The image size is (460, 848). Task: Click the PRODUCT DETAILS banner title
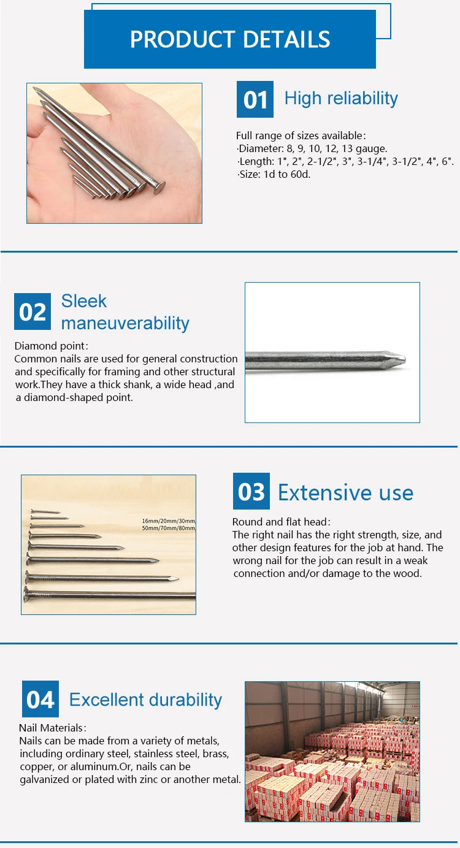click(x=230, y=40)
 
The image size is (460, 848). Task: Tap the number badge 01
click(x=255, y=99)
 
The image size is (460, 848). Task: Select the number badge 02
click(x=33, y=311)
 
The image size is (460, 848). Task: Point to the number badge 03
click(x=251, y=492)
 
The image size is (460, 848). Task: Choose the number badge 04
click(x=40, y=699)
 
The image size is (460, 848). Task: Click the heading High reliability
click(x=341, y=98)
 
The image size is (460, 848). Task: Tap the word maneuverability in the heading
click(x=125, y=323)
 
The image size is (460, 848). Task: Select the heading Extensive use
click(x=345, y=492)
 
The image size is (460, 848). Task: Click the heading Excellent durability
click(x=145, y=700)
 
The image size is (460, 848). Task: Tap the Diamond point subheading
click(x=51, y=346)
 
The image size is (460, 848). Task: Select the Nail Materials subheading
click(x=52, y=728)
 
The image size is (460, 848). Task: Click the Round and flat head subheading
click(x=281, y=522)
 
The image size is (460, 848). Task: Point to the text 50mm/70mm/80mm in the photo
click(x=168, y=528)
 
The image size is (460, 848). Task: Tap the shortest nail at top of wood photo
click(x=44, y=511)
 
